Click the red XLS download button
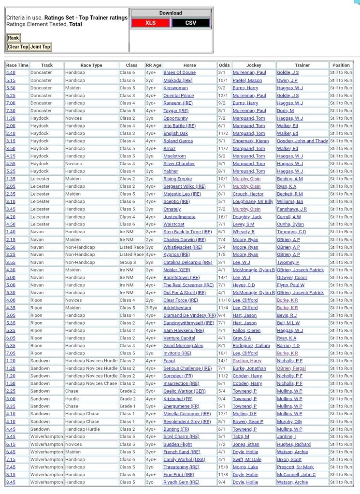pos(150,23)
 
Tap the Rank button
pos(13,38)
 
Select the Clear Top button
pos(18,47)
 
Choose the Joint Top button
pos(40,47)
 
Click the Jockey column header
pos(253,65)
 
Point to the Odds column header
pos(224,65)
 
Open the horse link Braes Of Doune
pos(179,72)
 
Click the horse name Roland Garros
pos(178,141)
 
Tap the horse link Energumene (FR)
pos(181,406)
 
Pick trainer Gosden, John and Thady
pos(302,141)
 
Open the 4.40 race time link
pos(11,72)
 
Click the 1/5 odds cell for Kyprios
pos(223,254)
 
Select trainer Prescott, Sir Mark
pos(295,467)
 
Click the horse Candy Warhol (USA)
pos(184,459)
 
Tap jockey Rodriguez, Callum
pos(251,346)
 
